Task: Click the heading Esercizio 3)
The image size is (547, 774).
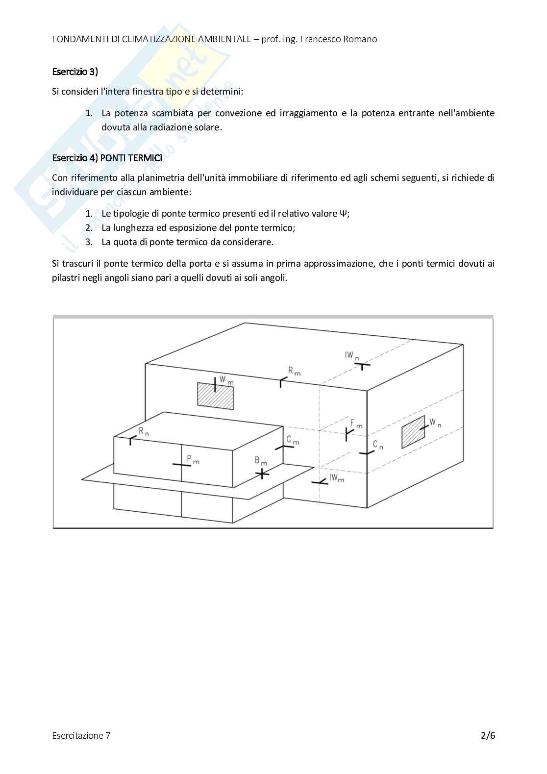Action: click(75, 72)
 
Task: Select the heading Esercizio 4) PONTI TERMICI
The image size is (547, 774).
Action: click(107, 158)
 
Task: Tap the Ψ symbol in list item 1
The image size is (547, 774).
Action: click(343, 214)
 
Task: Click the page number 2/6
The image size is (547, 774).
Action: click(488, 735)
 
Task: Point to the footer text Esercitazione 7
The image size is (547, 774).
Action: click(81, 735)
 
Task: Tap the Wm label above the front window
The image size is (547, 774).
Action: click(226, 380)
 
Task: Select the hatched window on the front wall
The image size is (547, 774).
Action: click(215, 396)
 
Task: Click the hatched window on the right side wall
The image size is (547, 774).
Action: click(413, 432)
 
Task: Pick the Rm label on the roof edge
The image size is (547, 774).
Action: click(295, 371)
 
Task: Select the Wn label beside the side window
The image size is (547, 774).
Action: click(435, 423)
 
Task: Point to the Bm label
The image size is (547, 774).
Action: click(261, 461)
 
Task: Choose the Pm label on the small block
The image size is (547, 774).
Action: click(193, 459)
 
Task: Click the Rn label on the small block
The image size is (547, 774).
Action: click(144, 431)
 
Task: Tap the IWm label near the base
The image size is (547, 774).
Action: click(337, 478)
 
